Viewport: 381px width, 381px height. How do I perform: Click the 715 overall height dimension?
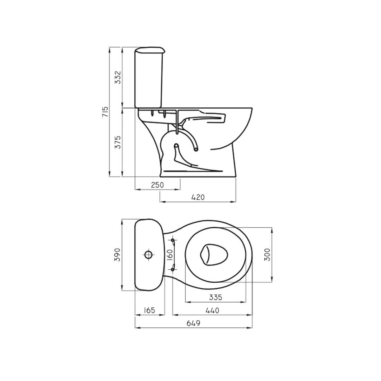tap(105, 111)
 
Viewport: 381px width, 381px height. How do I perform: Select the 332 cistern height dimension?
tap(118, 77)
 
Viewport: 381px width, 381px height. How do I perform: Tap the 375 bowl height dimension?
tap(118, 142)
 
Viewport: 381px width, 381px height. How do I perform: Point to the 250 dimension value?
tap(157, 185)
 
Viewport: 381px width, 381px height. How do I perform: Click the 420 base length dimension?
tap(198, 197)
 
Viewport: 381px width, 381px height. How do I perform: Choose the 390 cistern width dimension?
tap(117, 255)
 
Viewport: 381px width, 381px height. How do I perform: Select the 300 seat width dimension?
tap(267, 255)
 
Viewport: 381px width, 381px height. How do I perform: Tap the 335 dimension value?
tap(216, 297)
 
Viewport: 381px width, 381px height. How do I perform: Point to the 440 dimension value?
tap(212, 311)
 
